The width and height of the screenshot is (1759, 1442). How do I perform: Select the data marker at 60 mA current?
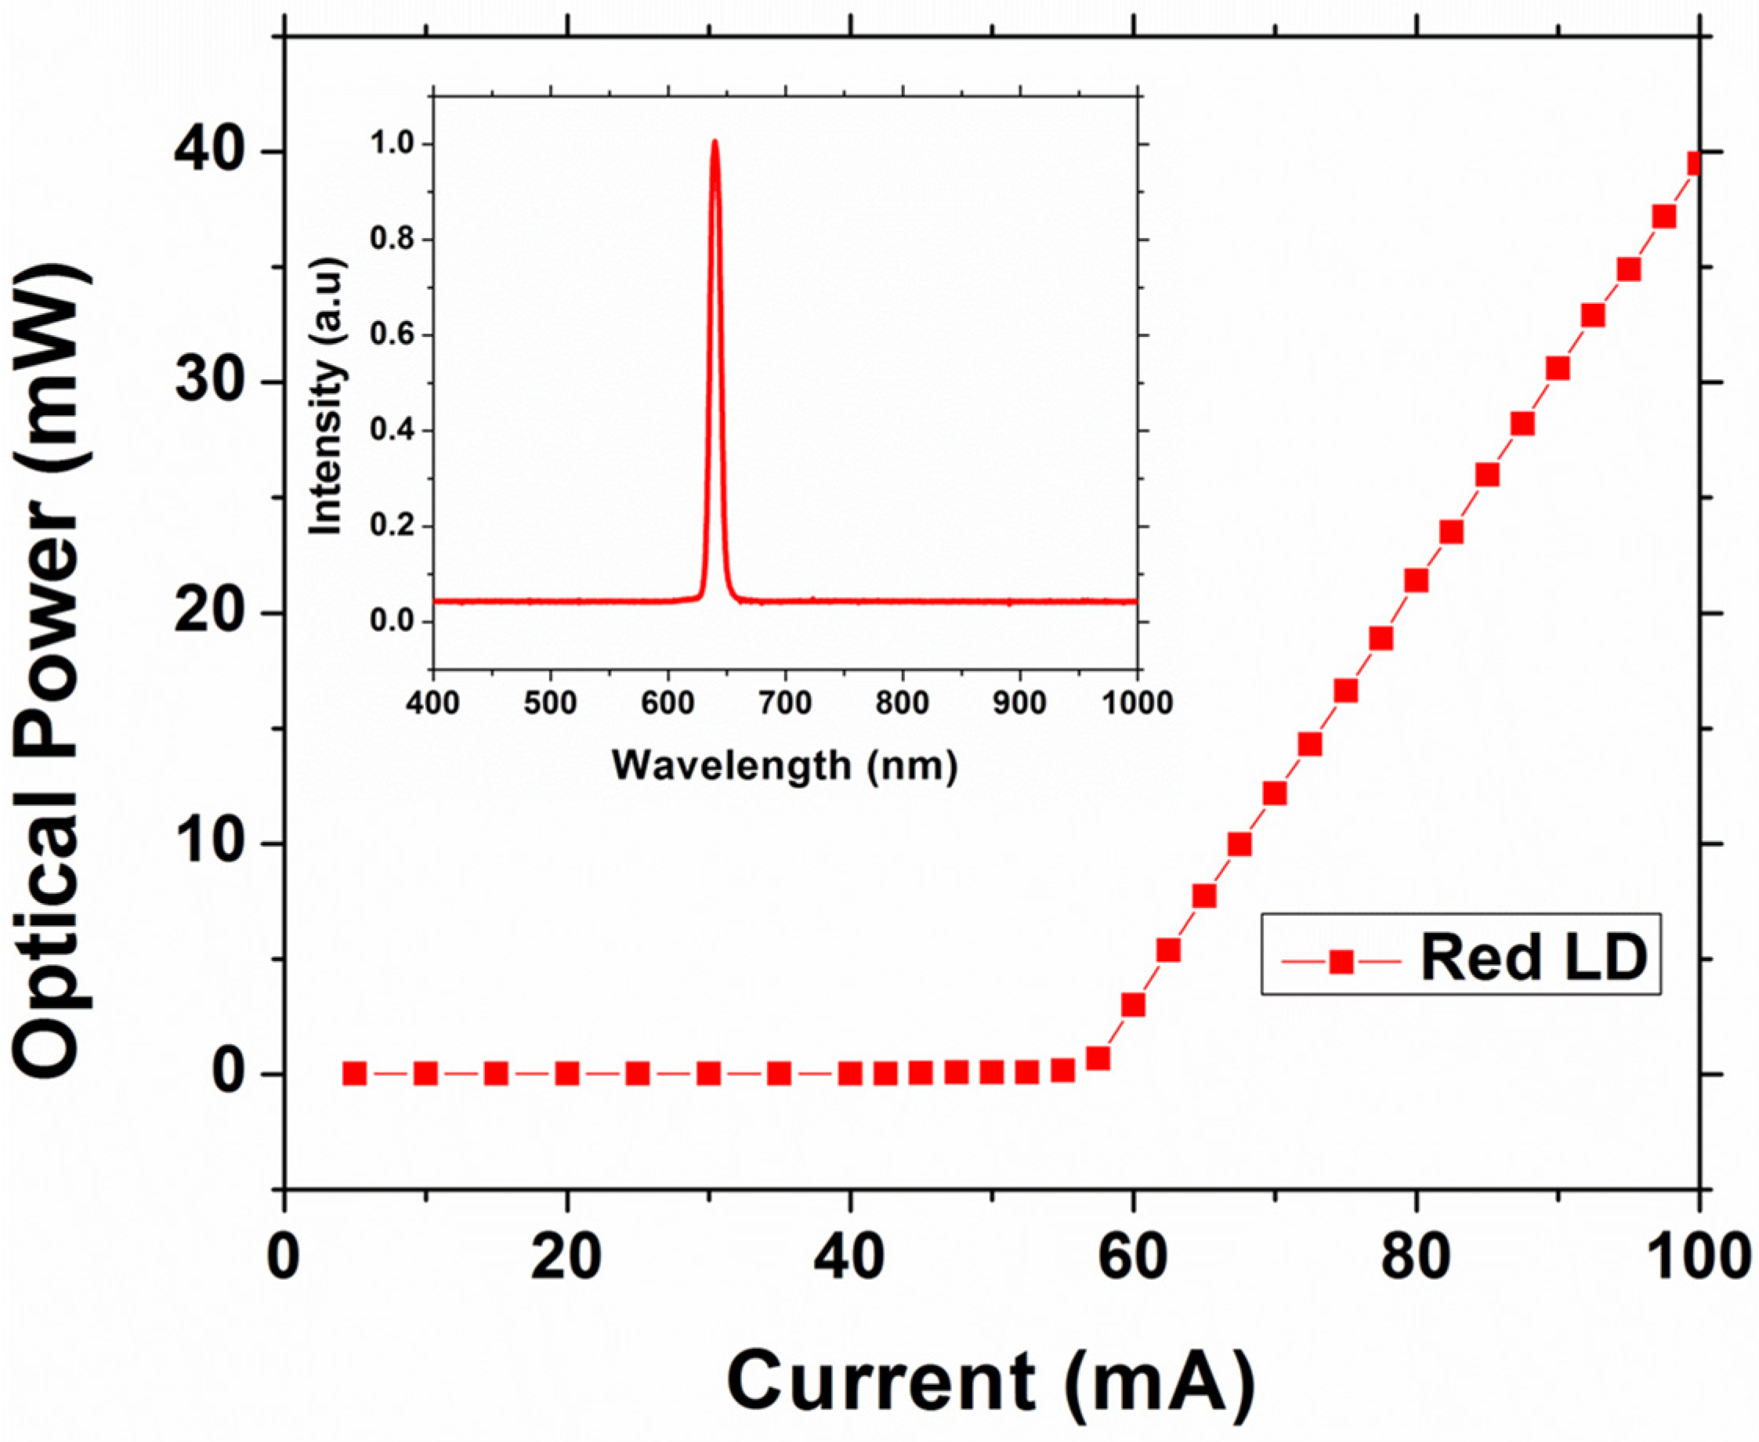[1133, 1005]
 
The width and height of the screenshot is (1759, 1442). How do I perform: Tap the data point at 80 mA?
[1416, 580]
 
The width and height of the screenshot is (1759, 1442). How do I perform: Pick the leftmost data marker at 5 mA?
[355, 1074]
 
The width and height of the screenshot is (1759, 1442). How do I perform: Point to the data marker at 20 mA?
[566, 1074]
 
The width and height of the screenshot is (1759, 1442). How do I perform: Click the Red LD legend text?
[1534, 958]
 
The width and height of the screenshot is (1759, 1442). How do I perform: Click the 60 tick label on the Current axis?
[1132, 1259]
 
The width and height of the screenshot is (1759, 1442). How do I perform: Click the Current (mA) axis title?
[990, 1379]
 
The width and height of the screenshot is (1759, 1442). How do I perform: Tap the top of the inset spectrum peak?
[715, 143]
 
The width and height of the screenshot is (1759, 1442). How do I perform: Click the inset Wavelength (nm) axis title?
[785, 765]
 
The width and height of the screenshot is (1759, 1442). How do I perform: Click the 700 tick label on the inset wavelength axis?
[786, 703]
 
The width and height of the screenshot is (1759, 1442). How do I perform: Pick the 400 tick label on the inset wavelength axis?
[434, 703]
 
